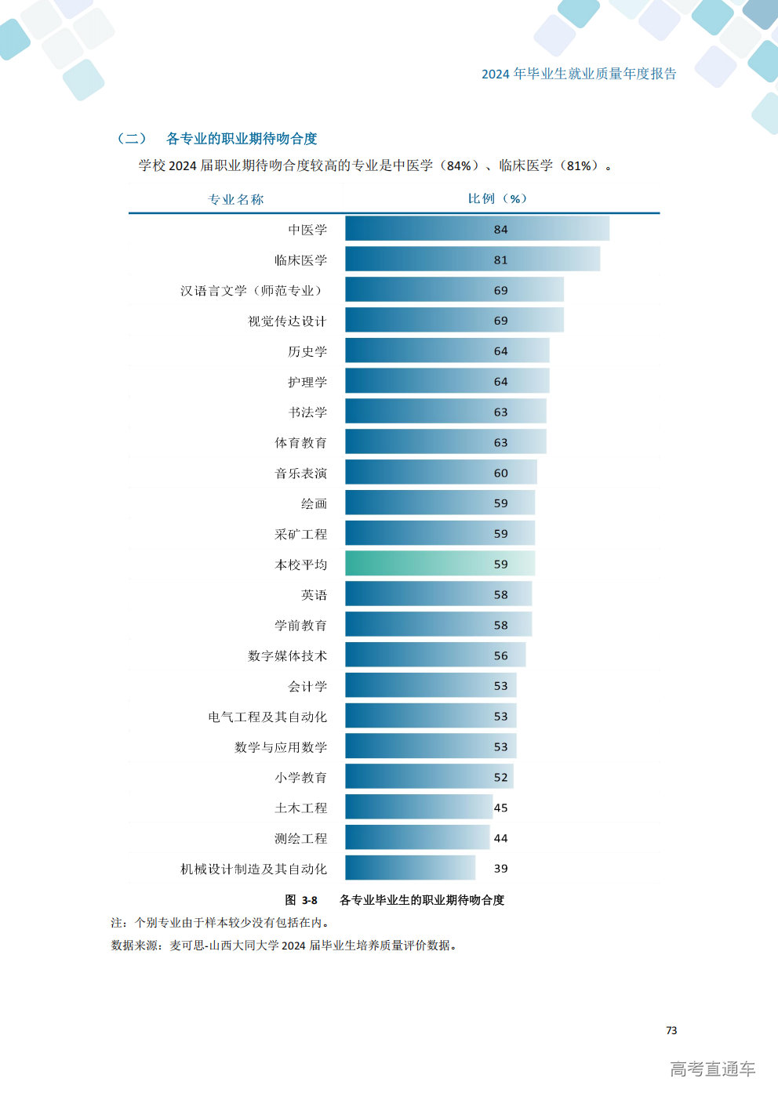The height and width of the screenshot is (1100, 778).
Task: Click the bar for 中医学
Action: click(x=478, y=228)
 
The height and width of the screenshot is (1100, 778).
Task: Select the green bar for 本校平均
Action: click(x=440, y=563)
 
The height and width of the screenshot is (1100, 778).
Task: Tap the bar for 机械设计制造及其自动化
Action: click(x=410, y=868)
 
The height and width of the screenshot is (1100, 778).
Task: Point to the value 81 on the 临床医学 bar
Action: click(x=500, y=260)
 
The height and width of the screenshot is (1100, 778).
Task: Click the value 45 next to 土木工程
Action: click(x=500, y=808)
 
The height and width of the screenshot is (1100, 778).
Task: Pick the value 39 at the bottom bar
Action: click(x=500, y=868)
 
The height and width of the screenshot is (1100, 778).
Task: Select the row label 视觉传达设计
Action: click(x=287, y=321)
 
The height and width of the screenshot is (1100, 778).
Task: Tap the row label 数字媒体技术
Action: click(x=287, y=656)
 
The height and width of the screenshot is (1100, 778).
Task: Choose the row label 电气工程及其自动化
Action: click(x=267, y=717)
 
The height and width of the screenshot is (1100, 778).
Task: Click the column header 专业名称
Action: click(x=236, y=199)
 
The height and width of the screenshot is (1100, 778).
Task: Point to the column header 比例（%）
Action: click(x=497, y=198)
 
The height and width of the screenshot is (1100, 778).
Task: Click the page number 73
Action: click(x=671, y=1030)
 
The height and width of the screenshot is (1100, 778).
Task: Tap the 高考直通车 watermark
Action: click(x=713, y=1069)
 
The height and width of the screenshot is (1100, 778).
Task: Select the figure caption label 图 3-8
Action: click(x=301, y=900)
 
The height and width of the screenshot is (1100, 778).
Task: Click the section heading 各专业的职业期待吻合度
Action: click(x=242, y=139)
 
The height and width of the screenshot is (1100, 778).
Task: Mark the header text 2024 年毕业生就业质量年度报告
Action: click(x=579, y=74)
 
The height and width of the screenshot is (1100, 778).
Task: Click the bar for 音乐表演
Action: click(x=441, y=472)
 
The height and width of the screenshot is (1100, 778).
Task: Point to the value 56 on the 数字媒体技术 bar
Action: click(x=500, y=655)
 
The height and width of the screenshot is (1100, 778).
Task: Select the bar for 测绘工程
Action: click(x=417, y=837)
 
